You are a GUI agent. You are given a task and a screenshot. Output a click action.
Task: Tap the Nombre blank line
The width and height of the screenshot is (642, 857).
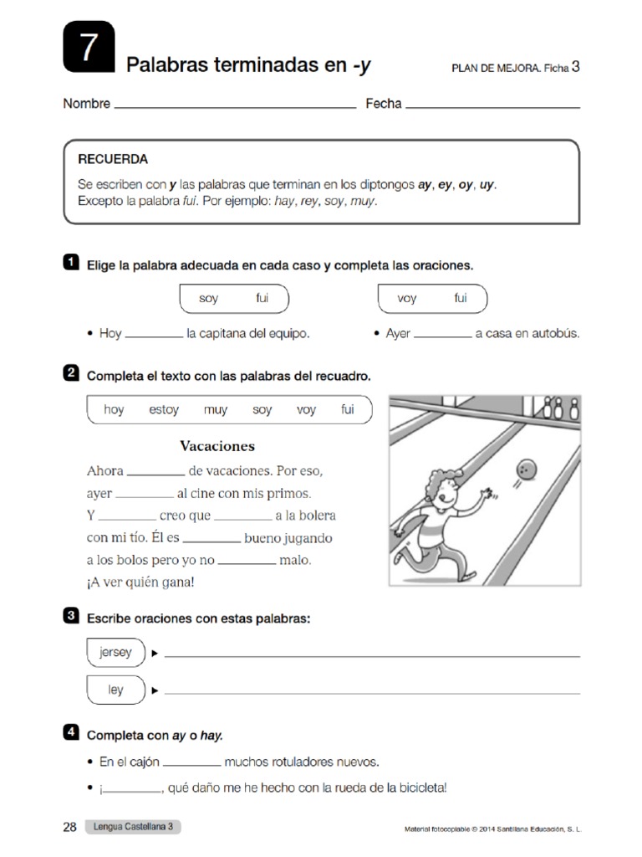coord(235,106)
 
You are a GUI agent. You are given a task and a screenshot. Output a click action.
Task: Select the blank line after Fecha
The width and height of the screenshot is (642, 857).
coord(492,106)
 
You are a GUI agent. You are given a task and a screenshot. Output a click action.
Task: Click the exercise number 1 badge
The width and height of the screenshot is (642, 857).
coord(71,263)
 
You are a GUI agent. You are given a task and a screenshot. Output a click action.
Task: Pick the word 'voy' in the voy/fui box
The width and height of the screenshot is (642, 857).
coord(407,298)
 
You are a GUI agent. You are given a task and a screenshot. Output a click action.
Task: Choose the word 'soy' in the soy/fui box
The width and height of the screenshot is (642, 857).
coord(209,298)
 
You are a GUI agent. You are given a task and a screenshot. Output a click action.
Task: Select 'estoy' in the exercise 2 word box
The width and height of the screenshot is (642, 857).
coord(164,410)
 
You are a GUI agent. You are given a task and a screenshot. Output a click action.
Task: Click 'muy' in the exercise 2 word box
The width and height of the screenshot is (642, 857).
coord(216,410)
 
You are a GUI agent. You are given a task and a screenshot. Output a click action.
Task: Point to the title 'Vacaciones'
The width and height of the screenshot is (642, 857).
coord(217,446)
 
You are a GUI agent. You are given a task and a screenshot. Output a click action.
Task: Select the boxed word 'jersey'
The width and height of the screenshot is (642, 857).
coord(115,653)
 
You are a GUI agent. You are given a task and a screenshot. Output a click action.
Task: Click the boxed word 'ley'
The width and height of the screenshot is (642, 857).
coord(115,690)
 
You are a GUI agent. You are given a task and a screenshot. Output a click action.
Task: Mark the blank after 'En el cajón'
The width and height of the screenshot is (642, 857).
coord(191,763)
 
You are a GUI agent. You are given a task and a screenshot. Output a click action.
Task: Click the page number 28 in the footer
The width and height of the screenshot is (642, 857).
coord(69,828)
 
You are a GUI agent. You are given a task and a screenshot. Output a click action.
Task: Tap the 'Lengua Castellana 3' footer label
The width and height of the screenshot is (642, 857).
coord(133,828)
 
